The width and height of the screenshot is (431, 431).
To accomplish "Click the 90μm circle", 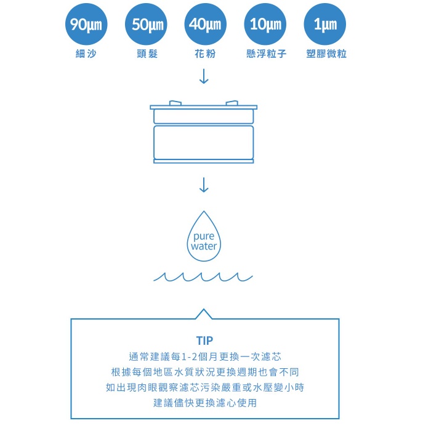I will coord(85,25).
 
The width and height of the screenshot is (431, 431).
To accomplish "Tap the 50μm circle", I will coord(145,25).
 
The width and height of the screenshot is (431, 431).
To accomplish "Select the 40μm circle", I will coord(205,25).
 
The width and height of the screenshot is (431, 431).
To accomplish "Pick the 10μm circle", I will coord(265,25).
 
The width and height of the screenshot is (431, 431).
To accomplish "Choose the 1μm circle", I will coord(325,25).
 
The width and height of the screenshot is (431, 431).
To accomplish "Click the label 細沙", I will coord(85,54).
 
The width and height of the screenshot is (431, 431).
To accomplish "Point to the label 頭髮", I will coord(147,54).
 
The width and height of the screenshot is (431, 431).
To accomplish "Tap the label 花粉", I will coord(205,54).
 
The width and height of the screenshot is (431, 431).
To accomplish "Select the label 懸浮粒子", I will coord(266,54).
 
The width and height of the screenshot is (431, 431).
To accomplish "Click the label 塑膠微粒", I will coord(326,54).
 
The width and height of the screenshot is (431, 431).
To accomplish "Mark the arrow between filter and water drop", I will coord(204,184).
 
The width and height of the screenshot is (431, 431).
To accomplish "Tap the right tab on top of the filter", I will coord(232,103).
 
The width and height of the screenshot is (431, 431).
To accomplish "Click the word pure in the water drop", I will coord(204,236).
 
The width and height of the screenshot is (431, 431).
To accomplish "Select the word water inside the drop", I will coord(204,246).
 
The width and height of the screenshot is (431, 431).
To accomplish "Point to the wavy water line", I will coord(203,276).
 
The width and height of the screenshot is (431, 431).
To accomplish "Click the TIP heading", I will coord(204,340).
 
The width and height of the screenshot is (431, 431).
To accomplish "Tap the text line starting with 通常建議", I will coord(204,356).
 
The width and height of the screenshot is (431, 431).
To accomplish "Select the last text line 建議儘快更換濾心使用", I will coord(204,403).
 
